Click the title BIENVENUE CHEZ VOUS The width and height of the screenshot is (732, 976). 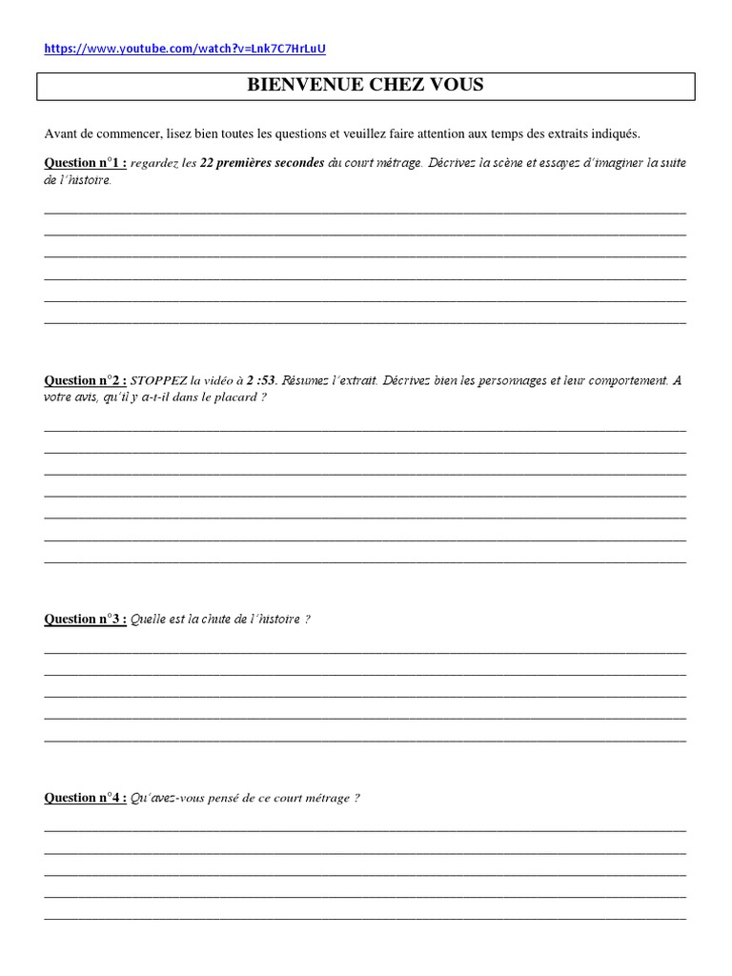coord(365,85)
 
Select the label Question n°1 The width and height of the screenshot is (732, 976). coord(85,163)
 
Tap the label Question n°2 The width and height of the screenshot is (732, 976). coord(85,380)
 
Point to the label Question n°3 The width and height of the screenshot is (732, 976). coord(85,620)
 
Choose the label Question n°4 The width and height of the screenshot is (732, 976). coord(85,798)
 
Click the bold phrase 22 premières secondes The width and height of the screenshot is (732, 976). coord(250,163)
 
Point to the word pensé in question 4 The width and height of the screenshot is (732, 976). coord(243,798)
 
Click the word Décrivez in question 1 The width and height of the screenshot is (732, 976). coord(453,163)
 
